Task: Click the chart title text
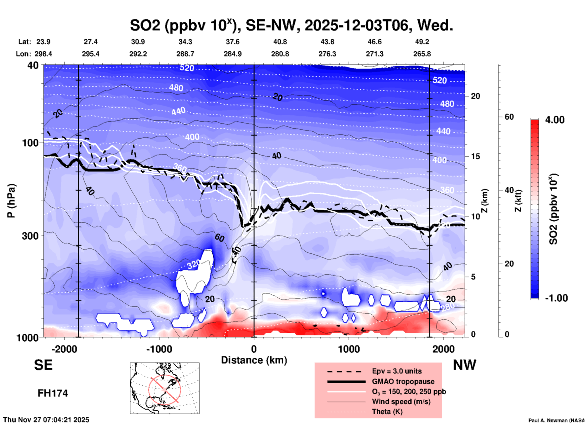point(291,25)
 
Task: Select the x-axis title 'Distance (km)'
point(254,360)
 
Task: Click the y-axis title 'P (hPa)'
point(11,201)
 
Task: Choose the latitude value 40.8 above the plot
point(280,42)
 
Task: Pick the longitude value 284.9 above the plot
point(233,54)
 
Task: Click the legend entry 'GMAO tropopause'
point(403,381)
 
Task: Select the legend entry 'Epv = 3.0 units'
point(397,371)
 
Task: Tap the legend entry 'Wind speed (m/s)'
point(401,401)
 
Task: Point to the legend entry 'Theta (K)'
point(387,412)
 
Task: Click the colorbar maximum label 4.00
point(555,120)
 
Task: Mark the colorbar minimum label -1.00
point(556,298)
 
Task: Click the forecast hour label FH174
point(53,393)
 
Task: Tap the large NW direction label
point(464,365)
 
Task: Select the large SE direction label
point(43,365)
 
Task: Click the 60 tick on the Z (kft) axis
point(509,117)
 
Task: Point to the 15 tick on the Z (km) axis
point(475,156)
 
